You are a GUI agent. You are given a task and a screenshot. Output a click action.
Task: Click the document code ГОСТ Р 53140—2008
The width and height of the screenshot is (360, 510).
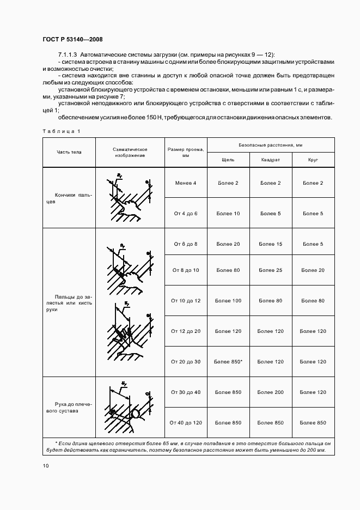pyautogui.click(x=72, y=39)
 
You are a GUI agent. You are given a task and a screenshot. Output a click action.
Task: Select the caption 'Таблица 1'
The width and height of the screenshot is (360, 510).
pyautogui.click(x=61, y=131)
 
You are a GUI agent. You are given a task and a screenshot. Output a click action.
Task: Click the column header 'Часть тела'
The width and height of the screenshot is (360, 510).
pyautogui.click(x=69, y=152)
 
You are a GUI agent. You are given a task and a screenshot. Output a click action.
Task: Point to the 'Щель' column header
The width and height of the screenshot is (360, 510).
pyautogui.click(x=228, y=160)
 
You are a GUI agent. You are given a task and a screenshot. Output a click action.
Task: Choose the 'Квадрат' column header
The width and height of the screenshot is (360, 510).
pyautogui.click(x=271, y=160)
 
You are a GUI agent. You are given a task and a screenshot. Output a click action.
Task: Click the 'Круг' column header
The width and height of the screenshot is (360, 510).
pyautogui.click(x=313, y=160)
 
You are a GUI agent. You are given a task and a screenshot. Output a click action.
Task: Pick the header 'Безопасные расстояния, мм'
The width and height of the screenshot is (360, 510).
pyautogui.click(x=271, y=145)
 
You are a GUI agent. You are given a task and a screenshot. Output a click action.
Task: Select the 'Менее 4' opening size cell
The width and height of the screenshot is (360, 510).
pyautogui.click(x=185, y=183)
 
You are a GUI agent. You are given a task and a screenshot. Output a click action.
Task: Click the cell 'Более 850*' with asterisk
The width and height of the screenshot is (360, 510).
pyautogui.click(x=228, y=362)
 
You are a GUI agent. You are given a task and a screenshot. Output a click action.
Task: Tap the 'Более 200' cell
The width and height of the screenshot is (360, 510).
pyautogui.click(x=271, y=392)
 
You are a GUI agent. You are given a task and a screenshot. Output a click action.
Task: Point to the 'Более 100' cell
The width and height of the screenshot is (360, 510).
pyautogui.click(x=228, y=301)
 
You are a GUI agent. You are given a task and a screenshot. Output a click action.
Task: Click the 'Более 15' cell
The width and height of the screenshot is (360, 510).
pyautogui.click(x=271, y=244)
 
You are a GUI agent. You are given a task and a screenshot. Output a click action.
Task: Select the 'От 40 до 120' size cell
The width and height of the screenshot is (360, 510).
pyautogui.click(x=185, y=423)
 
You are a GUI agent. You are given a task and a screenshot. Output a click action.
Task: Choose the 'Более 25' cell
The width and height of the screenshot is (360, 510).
pyautogui.click(x=271, y=270)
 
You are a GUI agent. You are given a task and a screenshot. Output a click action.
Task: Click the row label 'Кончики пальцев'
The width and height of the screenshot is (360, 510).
pyautogui.click(x=69, y=198)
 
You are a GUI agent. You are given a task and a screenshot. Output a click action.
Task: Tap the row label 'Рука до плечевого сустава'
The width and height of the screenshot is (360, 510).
pyautogui.click(x=69, y=408)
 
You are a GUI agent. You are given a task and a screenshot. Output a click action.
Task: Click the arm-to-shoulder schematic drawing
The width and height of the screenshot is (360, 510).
pyautogui.click(x=130, y=408)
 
